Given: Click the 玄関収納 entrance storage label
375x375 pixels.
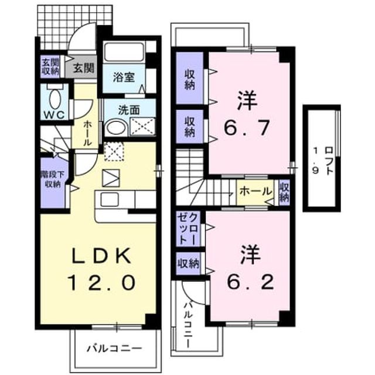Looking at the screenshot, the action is (50, 67).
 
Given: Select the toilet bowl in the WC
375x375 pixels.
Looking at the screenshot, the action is (55, 99).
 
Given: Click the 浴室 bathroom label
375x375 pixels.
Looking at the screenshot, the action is (124, 77).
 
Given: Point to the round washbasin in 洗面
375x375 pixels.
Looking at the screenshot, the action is (116, 127).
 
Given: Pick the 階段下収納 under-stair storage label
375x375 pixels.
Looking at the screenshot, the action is (53, 179).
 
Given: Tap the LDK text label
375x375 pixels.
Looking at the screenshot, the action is (102, 255).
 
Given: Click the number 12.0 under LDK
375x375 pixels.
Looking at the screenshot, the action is (102, 282).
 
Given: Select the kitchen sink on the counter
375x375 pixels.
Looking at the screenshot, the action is (110, 200).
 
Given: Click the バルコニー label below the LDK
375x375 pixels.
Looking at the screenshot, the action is (114, 348).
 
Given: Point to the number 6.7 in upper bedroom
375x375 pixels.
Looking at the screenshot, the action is (247, 128).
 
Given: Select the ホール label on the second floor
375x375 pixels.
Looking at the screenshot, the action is (256, 192).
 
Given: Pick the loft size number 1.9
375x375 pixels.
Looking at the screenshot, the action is (316, 161).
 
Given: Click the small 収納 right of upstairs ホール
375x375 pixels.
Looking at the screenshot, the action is (285, 193).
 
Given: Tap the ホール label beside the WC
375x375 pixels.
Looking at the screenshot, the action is (87, 134).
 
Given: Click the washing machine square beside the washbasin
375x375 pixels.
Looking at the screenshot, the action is (143, 127).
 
